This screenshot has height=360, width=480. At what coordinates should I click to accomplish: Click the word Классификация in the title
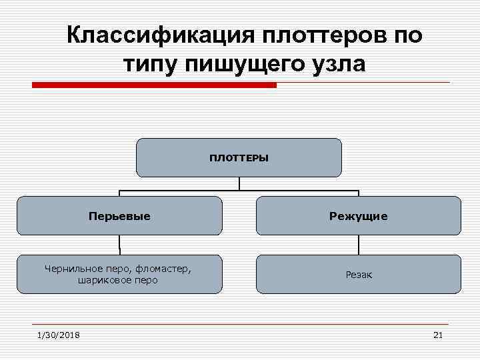(x=155, y=35)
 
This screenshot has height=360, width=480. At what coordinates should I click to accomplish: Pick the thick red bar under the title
(x=154, y=85)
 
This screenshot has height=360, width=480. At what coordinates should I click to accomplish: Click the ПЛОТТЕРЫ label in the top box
(x=239, y=158)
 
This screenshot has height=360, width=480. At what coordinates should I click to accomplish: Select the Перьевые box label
(x=119, y=216)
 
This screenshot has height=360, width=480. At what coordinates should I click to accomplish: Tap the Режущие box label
(x=358, y=216)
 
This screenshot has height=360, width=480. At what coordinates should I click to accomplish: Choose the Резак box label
(x=358, y=275)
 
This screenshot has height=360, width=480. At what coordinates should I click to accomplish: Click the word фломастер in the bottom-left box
(x=163, y=269)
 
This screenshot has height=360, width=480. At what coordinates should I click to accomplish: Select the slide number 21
(x=437, y=335)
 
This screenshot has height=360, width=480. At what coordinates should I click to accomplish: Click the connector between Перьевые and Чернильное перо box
(x=119, y=245)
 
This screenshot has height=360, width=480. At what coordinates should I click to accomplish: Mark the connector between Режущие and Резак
(x=359, y=245)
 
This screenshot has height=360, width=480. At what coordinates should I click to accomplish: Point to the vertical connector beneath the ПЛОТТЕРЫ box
(x=239, y=183)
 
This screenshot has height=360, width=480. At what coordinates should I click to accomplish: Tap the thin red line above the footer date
(x=240, y=324)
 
